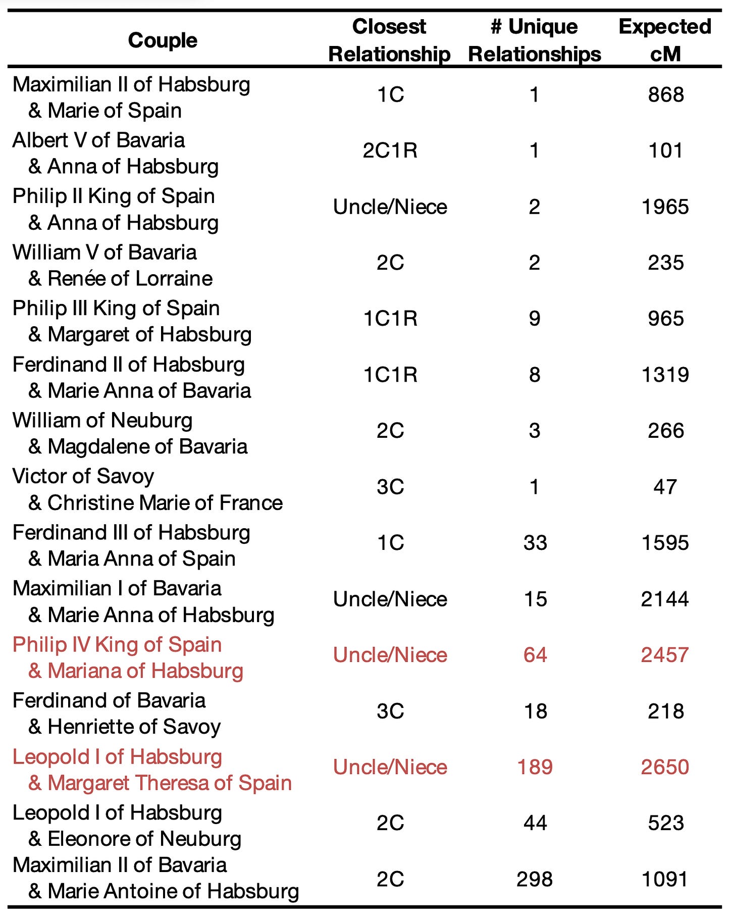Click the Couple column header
pyautogui.click(x=163, y=40)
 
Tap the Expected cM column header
pyautogui.click(x=665, y=40)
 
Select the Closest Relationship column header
pyautogui.click(x=389, y=40)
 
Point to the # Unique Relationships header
pyautogui.click(x=535, y=40)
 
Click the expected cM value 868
pyautogui.click(x=665, y=95)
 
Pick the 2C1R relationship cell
pyautogui.click(x=390, y=150)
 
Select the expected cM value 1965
pyautogui.click(x=665, y=207)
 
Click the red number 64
pyautogui.click(x=535, y=655)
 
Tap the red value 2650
pyautogui.click(x=665, y=767)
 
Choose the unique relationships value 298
pyautogui.click(x=535, y=879)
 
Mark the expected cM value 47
pyautogui.click(x=665, y=487)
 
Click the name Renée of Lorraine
pyautogui.click(x=130, y=279)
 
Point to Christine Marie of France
pyautogui.click(x=165, y=503)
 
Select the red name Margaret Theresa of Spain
pyautogui.click(x=169, y=783)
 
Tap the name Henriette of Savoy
pyautogui.click(x=134, y=727)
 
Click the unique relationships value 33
pyautogui.click(x=535, y=543)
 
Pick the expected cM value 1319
pyautogui.click(x=665, y=375)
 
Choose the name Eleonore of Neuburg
pyautogui.click(x=144, y=839)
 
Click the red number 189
pyautogui.click(x=535, y=767)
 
